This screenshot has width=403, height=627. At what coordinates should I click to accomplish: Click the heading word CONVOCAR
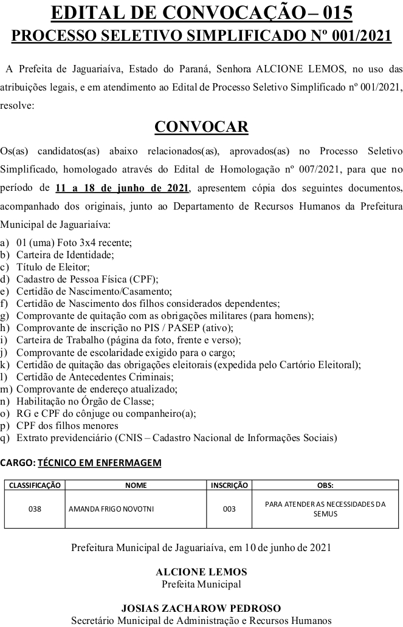tap(201, 126)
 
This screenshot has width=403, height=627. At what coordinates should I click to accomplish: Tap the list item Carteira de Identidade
tap(65, 255)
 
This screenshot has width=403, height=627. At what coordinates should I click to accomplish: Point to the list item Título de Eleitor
tap(53, 267)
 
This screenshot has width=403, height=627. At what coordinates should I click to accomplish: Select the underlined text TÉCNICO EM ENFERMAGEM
tap(100, 463)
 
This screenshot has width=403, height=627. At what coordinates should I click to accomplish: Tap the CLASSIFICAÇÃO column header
tap(35, 485)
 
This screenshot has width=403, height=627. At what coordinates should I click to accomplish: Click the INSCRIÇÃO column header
tap(229, 485)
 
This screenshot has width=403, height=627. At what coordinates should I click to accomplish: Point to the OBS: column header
tap(325, 485)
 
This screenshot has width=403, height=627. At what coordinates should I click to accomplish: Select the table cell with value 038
tap(35, 509)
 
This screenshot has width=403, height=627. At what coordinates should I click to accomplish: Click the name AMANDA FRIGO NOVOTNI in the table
tap(111, 509)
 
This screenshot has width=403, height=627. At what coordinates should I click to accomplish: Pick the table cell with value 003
tap(229, 509)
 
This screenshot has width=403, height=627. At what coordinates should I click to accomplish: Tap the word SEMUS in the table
tap(325, 514)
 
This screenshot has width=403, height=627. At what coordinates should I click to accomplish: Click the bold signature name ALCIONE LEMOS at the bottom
tap(201, 572)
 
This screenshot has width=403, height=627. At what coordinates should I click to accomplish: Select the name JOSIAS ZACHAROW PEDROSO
tap(201, 608)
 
